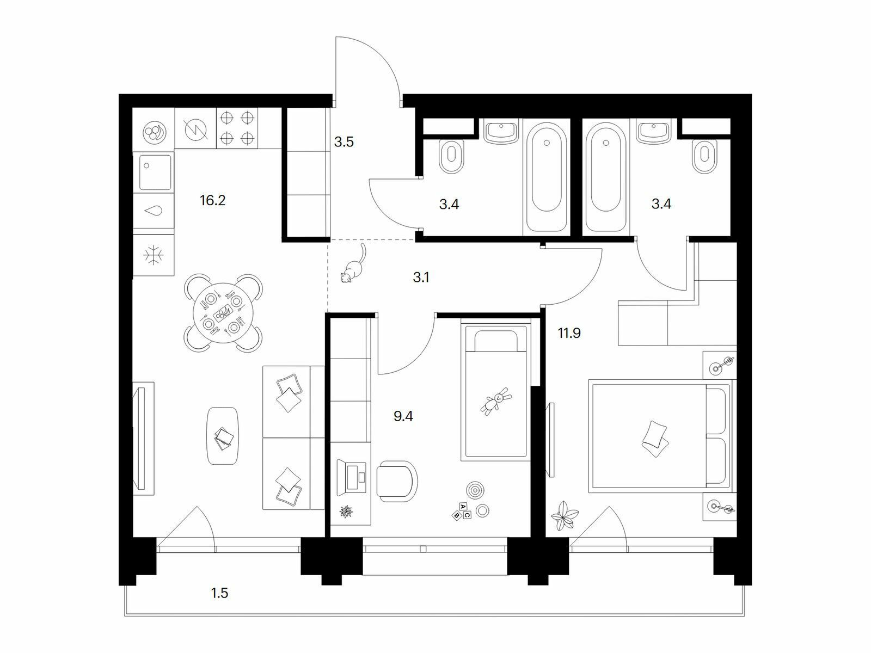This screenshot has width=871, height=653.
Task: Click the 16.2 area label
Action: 213,201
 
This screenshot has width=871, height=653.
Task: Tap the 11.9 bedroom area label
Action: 569,334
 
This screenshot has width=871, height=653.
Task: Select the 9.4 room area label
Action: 403,417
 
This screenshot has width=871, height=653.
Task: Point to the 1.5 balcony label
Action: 219,594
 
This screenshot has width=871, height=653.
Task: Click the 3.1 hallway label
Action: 421,278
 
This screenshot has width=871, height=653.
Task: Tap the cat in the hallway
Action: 353,264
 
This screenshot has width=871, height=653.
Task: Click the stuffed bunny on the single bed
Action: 496,401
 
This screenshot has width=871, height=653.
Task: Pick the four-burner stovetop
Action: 237,128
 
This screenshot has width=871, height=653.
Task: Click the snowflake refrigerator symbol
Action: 153,255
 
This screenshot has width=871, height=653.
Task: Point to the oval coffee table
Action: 223,436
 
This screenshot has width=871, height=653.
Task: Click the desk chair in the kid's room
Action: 396,481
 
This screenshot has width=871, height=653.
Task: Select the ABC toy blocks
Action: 462,510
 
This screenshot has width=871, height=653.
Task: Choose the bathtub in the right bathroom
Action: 605,176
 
